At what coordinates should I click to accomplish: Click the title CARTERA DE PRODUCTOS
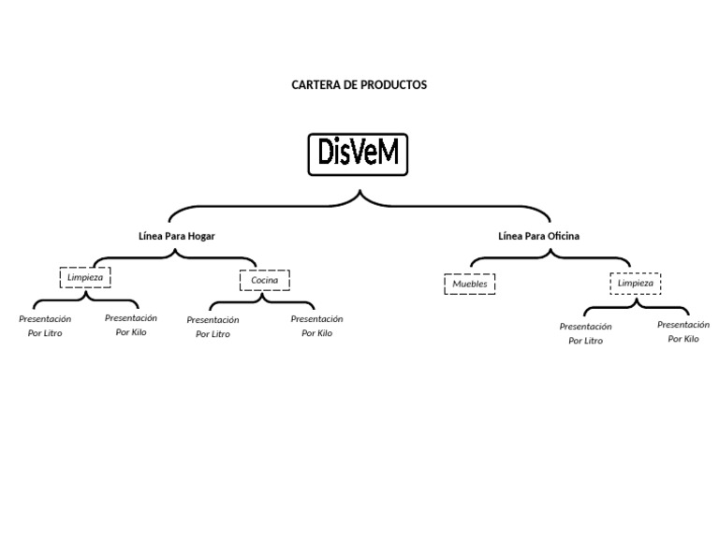tap(359, 84)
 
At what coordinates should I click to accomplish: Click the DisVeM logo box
tap(359, 154)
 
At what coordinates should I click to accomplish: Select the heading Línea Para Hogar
tap(176, 236)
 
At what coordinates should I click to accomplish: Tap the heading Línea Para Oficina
tap(538, 236)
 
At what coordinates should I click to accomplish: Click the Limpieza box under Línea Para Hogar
tap(85, 277)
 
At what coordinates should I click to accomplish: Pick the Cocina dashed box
tap(265, 280)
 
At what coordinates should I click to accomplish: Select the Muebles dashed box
tap(469, 284)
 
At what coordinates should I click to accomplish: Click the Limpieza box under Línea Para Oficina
tap(636, 283)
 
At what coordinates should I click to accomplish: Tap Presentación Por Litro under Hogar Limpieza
tap(45, 326)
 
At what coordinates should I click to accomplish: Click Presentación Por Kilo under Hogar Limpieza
tap(131, 325)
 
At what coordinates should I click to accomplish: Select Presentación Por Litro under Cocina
tap(213, 327)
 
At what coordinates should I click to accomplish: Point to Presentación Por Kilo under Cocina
tap(316, 326)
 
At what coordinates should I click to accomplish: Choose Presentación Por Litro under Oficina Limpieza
tap(585, 333)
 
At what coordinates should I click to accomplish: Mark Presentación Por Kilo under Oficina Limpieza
tap(683, 331)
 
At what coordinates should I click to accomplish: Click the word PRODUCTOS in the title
tap(393, 84)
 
